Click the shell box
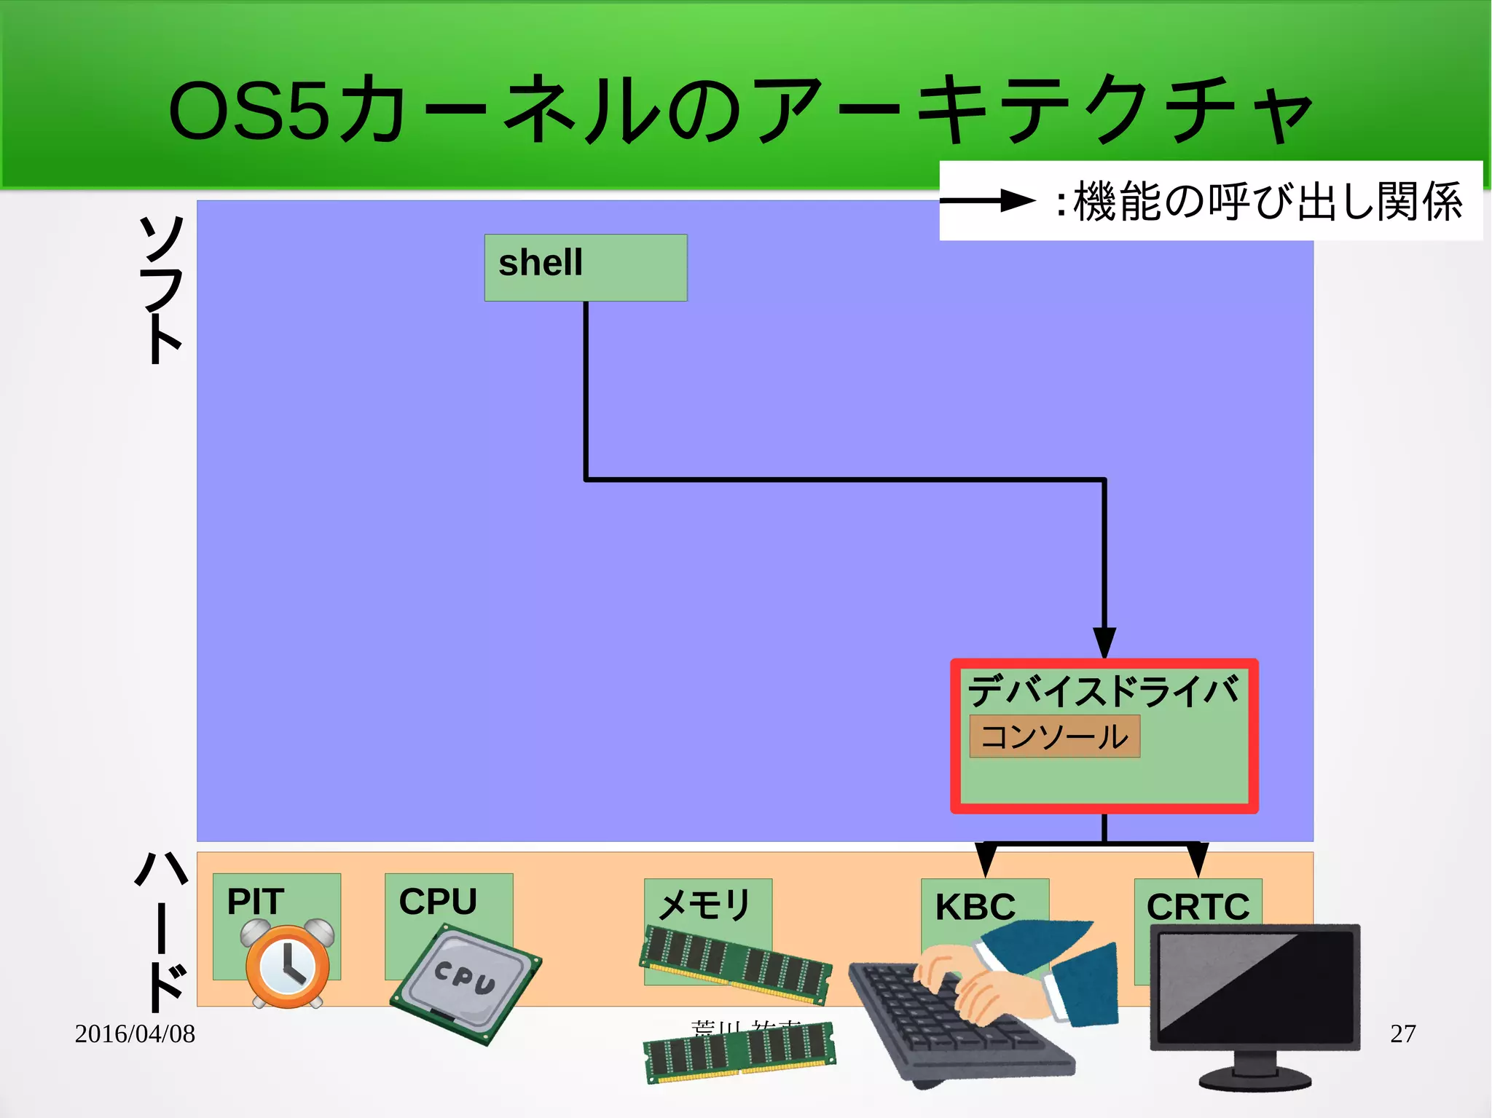585,267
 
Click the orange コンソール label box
1054,736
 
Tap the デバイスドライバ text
1102,690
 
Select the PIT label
255,901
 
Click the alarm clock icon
288,965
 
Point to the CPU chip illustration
466,983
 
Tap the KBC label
975,907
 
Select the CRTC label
1197,907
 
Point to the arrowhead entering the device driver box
1104,642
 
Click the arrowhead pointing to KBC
986,859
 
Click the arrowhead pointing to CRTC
1197,859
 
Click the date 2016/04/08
135,1034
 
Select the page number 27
1402,1034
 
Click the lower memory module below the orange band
739,1052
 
